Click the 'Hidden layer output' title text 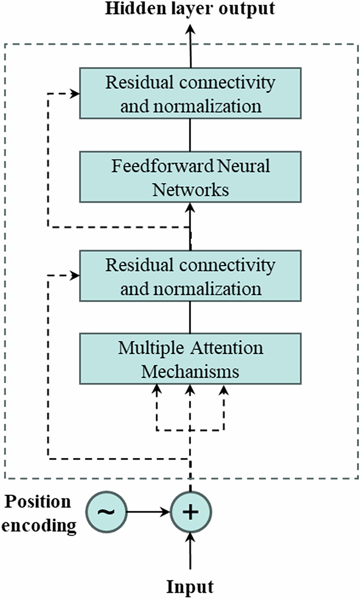(x=190, y=8)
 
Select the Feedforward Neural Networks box (x=190, y=177)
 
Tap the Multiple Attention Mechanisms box (x=190, y=359)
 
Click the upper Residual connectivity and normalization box (x=190, y=93)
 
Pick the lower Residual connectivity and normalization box (x=190, y=276)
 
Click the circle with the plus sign (x=190, y=512)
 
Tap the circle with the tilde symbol (x=107, y=512)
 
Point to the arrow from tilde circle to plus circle (x=148, y=512)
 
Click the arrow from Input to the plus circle (x=190, y=550)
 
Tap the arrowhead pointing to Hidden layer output (x=190, y=29)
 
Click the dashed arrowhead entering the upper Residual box (x=75, y=93)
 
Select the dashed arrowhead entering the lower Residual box (x=75, y=276)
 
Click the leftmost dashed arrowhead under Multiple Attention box (x=157, y=388)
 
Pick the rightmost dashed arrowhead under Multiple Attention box (x=224, y=388)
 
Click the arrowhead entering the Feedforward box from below (x=190, y=207)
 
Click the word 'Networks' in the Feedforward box (x=190, y=189)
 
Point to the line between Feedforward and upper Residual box (x=190, y=135)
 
